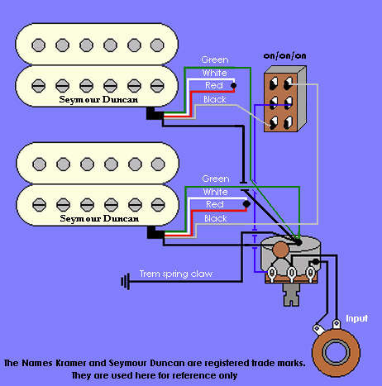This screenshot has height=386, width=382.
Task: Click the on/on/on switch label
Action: coord(284,55)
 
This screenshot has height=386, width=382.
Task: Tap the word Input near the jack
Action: coord(356,318)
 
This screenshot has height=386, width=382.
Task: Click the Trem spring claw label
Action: coord(176,274)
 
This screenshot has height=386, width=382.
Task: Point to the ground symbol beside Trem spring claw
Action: coord(126,281)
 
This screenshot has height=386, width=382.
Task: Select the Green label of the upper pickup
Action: coord(215,60)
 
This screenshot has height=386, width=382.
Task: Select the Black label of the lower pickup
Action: coord(215,218)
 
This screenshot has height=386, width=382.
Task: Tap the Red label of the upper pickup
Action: coord(214,85)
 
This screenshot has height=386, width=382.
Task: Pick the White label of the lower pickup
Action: coord(215,192)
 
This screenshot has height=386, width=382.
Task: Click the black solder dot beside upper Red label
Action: coord(233,86)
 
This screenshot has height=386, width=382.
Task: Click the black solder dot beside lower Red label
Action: coord(246,204)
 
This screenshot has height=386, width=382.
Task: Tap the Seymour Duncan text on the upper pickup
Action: coord(98,99)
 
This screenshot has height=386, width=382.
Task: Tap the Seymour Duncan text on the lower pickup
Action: coord(99,218)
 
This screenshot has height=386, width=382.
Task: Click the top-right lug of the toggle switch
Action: coord(289,83)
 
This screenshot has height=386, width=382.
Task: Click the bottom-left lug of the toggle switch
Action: coord(274,122)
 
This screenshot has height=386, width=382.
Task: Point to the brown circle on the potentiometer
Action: coord(281,250)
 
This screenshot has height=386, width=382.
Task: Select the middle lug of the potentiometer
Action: coord(291,274)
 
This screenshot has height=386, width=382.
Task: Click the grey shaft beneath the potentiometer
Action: coord(291,295)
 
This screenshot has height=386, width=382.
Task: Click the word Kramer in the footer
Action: coord(71,363)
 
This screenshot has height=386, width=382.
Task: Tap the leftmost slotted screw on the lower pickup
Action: coord(39,205)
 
